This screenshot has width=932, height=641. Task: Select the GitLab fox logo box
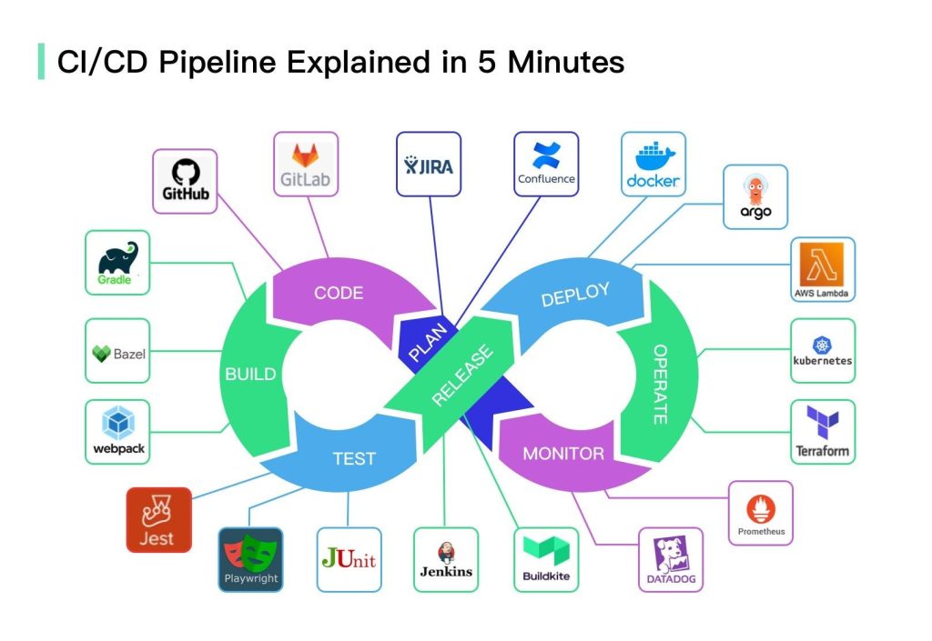[306, 164]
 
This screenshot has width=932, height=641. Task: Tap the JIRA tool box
[428, 164]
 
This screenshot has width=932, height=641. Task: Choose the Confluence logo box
[546, 164]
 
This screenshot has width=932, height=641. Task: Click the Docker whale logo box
[653, 164]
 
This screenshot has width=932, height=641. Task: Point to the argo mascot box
[755, 196]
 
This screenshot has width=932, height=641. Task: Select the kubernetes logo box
[823, 350]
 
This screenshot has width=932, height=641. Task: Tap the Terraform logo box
[823, 431]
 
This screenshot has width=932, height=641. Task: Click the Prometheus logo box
[760, 513]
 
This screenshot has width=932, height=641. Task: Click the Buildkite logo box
[546, 559]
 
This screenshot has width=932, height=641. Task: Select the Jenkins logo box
[446, 559]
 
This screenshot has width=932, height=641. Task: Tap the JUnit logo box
[349, 559]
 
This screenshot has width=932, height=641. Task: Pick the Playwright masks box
[250, 559]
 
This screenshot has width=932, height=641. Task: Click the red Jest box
[159, 520]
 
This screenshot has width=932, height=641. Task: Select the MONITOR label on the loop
[562, 453]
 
